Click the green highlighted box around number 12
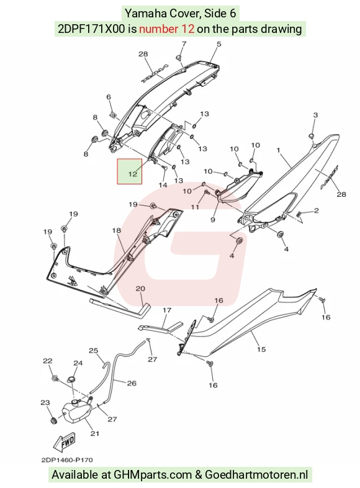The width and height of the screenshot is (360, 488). point(130,171)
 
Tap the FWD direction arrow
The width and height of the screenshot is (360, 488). point(65,442)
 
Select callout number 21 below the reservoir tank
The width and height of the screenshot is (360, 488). point(95,433)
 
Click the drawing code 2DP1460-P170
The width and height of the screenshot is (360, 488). point(67,459)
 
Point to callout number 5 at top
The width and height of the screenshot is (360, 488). point(218,44)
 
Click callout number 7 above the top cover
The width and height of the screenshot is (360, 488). point(184,43)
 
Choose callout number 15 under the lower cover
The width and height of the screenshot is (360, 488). point(261,349)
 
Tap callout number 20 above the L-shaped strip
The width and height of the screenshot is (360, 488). point(140,289)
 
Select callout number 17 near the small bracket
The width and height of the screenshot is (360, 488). point(167,310)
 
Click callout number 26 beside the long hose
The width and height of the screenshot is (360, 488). point(132,383)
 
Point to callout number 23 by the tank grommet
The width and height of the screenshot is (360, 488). point(45,402)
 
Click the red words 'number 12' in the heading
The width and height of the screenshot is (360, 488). point(167,29)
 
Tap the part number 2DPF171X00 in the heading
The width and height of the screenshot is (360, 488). point(91,29)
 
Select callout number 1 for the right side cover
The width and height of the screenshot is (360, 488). point(279,150)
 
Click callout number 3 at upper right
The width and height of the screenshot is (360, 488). point(315,115)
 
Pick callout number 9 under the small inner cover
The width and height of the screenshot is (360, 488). point(213,220)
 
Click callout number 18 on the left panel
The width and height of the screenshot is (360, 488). point(116,230)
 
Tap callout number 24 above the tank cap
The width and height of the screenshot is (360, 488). point(78,363)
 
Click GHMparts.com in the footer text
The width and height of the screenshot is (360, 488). point(153,475)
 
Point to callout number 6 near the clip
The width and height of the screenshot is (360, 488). point(109,97)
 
